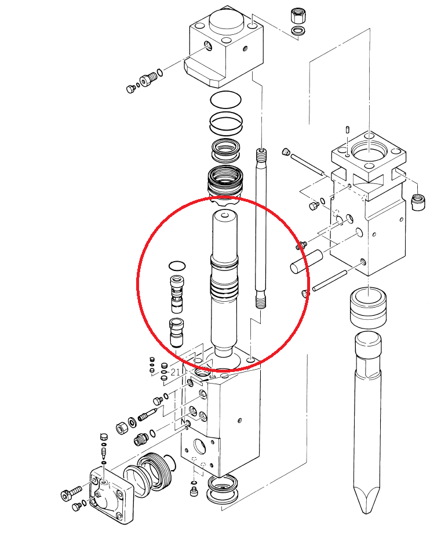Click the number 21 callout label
[175, 372]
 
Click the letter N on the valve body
[183, 422]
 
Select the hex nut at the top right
[297, 16]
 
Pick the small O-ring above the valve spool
[177, 266]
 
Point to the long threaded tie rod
[261, 228]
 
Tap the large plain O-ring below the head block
[225, 100]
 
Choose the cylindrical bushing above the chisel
[368, 308]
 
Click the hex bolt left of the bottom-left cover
[71, 493]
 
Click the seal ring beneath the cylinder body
[223, 489]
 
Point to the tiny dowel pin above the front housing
[347, 129]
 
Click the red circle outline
[137, 283]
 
